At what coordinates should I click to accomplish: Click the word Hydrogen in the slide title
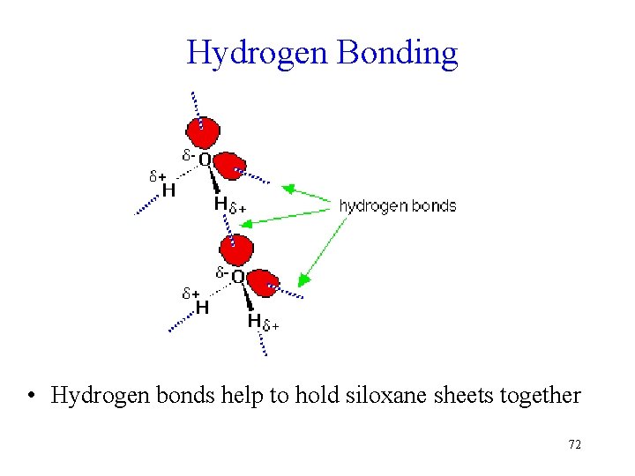256,54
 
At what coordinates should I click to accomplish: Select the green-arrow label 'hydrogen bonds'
398,206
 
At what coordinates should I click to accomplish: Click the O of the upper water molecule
204,160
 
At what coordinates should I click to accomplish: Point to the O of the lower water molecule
237,276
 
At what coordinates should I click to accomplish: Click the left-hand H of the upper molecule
168,190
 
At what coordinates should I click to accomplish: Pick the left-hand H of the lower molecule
202,308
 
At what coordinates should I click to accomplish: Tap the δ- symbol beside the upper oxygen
188,155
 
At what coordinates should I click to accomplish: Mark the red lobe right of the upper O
231,166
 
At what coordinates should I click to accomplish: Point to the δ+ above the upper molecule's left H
157,175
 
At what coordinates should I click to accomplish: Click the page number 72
574,444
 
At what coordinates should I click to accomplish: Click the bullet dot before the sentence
31,396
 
